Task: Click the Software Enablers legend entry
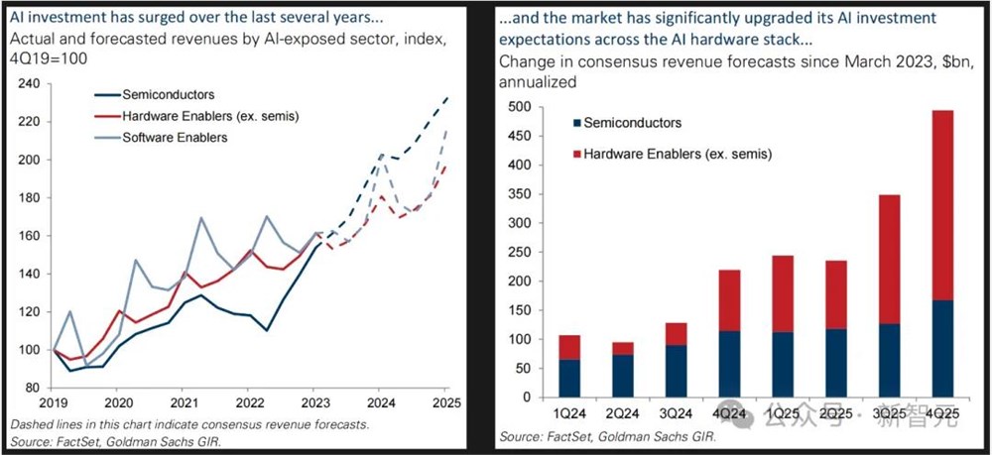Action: [x=175, y=137]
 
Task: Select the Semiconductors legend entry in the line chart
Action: [x=165, y=95]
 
